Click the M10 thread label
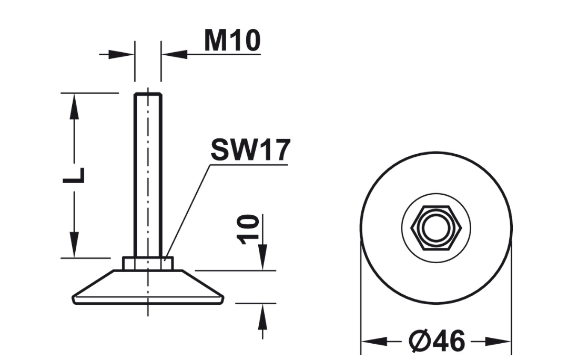coord(232,41)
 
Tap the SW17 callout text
coord(251,150)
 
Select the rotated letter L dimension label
coord(74,176)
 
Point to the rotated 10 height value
coord(248,229)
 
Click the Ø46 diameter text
coord(437,341)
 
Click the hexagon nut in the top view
coord(436,228)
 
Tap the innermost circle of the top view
coord(436,228)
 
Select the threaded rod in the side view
coord(148,175)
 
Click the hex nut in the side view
coord(148,264)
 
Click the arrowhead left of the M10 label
coord(175,55)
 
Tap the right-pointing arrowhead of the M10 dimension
coord(121,55)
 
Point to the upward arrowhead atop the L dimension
coord(74,106)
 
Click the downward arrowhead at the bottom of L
coord(74,245)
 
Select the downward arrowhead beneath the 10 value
coord(262,257)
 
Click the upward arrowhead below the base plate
coord(262,316)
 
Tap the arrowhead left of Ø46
coord(374,341)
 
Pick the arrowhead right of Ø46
coord(498,341)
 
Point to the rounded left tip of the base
coord(74,299)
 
